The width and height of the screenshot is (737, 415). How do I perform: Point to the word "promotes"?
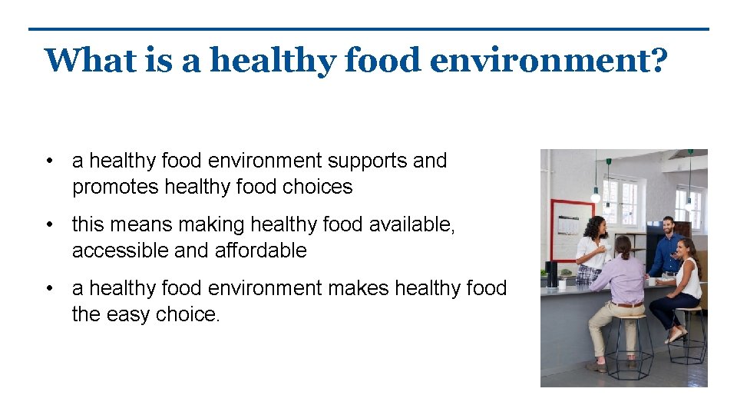[115, 187]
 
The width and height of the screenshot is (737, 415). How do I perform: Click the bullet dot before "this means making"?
[49, 224]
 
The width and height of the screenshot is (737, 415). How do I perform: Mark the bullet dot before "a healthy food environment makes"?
[49, 288]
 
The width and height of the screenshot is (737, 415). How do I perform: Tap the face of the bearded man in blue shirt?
[667, 226]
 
